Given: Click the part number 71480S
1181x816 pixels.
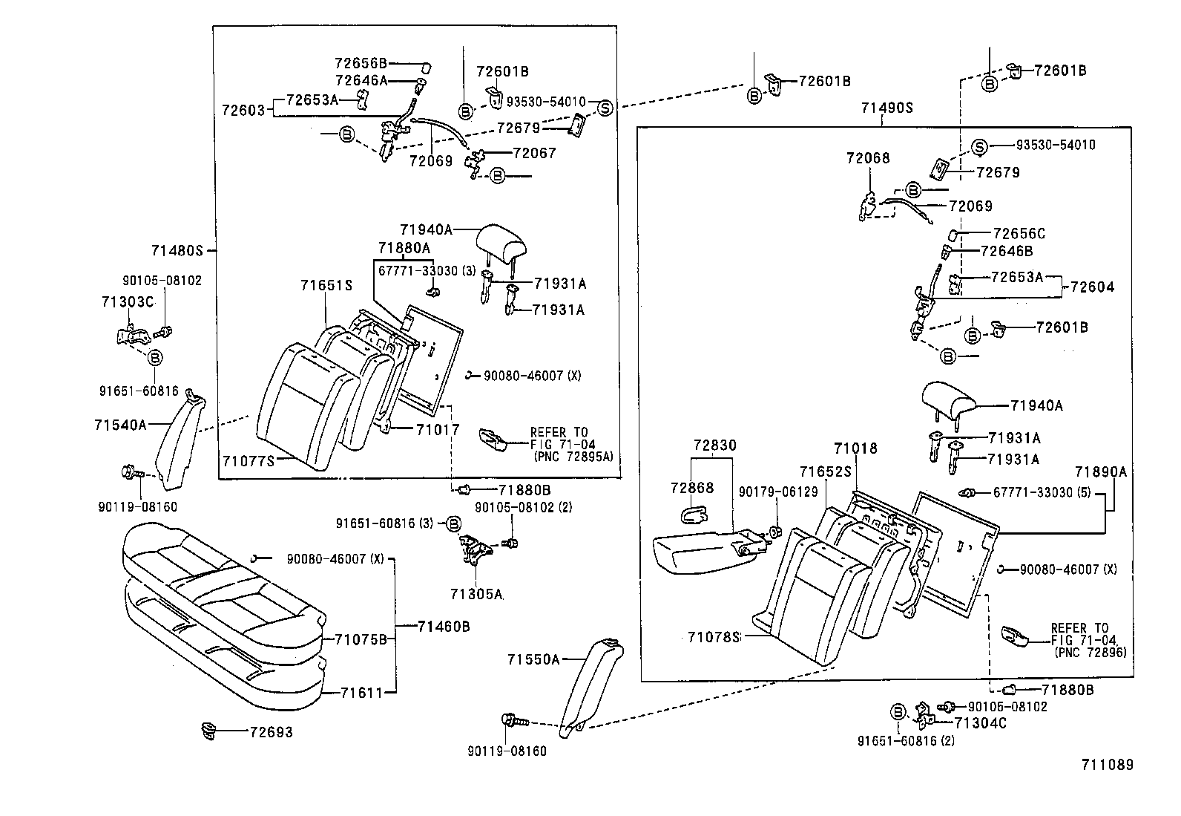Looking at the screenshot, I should pyautogui.click(x=177, y=251).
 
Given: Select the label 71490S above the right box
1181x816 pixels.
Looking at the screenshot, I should pyautogui.click(x=886, y=108).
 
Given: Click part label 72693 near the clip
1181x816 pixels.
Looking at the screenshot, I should pyautogui.click(x=271, y=732).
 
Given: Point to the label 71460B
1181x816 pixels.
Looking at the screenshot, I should pyautogui.click(x=443, y=627).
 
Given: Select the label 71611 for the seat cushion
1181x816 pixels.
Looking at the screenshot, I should pyautogui.click(x=361, y=693).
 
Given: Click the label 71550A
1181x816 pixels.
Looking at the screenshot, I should pyautogui.click(x=533, y=659).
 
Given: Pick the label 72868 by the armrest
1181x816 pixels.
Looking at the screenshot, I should pyautogui.click(x=691, y=488).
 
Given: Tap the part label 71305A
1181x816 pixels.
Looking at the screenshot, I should pyautogui.click(x=476, y=594).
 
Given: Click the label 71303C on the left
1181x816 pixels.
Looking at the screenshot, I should pyautogui.click(x=127, y=301).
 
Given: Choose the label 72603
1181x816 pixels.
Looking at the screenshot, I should pyautogui.click(x=243, y=110).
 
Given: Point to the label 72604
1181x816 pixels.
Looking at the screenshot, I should pyautogui.click(x=1092, y=287).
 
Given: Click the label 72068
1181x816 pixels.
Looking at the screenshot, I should pyautogui.click(x=867, y=158).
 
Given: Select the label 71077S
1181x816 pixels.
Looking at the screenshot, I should pyautogui.click(x=247, y=460).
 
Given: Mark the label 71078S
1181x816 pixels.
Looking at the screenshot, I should pyautogui.click(x=714, y=637).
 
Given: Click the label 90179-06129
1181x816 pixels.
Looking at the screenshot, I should pyautogui.click(x=777, y=492).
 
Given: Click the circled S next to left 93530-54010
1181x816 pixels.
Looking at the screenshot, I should pyautogui.click(x=605, y=108).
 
